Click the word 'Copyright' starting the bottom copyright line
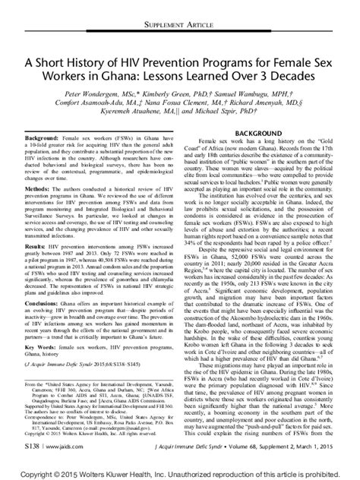pos(30,473)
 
